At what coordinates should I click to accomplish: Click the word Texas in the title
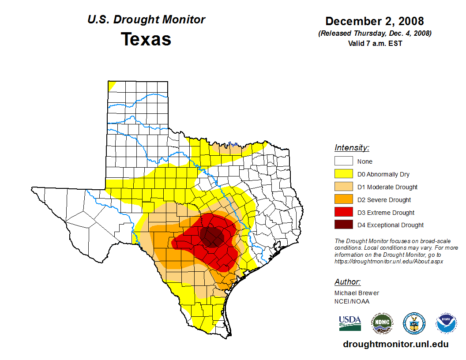(x=146, y=39)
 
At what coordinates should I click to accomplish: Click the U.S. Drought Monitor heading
(x=146, y=20)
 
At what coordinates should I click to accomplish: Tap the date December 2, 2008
(x=375, y=21)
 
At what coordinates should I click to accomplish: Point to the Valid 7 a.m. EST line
(x=375, y=43)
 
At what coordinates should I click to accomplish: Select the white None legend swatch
(x=343, y=161)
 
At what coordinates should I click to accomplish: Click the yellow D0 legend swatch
(x=343, y=174)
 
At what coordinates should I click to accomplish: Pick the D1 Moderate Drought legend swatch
(x=343, y=187)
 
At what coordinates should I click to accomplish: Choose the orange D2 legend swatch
(x=343, y=200)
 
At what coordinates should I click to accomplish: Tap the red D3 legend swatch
(x=343, y=213)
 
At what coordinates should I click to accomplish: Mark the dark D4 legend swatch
(x=343, y=225)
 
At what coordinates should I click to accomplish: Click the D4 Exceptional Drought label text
(x=391, y=225)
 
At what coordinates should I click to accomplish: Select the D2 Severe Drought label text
(x=384, y=200)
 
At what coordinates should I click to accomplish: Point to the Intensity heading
(x=352, y=148)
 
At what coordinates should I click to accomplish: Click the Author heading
(x=347, y=282)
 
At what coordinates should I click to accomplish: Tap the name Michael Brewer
(x=357, y=293)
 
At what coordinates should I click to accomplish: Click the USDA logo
(x=350, y=323)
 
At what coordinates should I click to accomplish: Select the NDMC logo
(x=382, y=324)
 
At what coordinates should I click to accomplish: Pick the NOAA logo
(x=446, y=323)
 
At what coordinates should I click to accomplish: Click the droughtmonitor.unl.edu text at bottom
(x=395, y=345)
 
